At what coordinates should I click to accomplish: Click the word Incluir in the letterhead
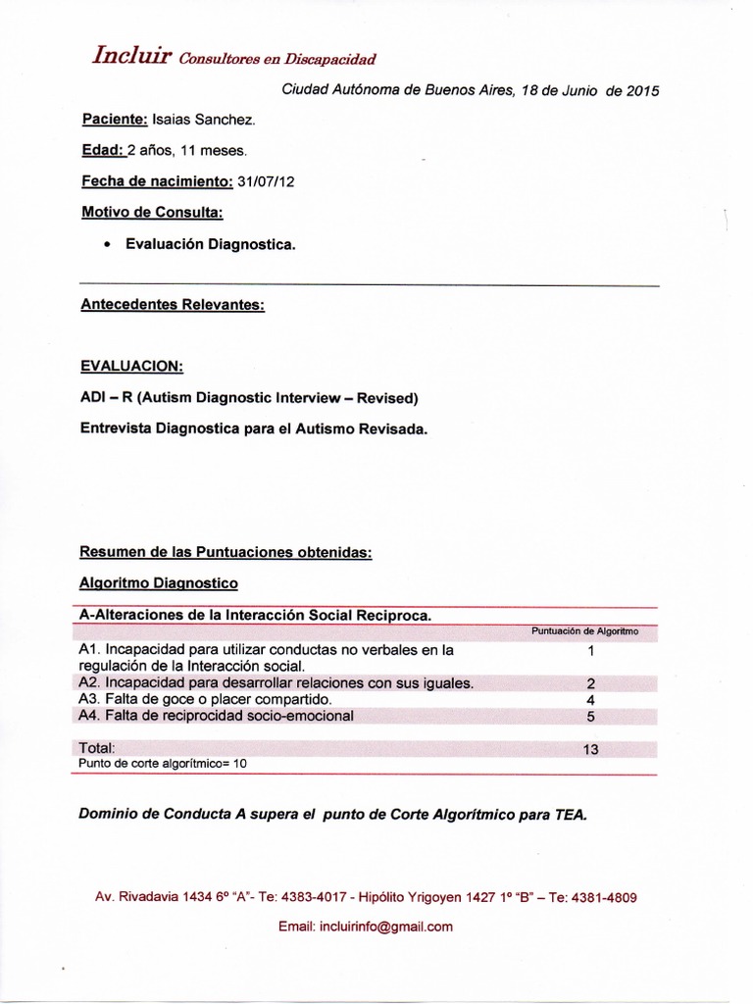pyautogui.click(x=132, y=56)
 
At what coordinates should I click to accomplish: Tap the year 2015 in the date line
pyautogui.click(x=642, y=90)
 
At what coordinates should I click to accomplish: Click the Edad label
pyautogui.click(x=103, y=151)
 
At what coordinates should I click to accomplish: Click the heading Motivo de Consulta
pyautogui.click(x=153, y=213)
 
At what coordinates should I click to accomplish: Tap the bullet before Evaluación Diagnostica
pyautogui.click(x=106, y=244)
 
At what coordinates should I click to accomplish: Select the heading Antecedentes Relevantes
pyautogui.click(x=173, y=305)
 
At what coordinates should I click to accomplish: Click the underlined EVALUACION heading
pyautogui.click(x=132, y=366)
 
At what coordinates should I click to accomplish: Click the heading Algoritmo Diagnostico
pyautogui.click(x=159, y=582)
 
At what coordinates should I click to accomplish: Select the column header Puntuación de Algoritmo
pyautogui.click(x=584, y=631)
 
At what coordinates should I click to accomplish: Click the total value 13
pyautogui.click(x=590, y=749)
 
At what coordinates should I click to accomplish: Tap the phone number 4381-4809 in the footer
pyautogui.click(x=608, y=897)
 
